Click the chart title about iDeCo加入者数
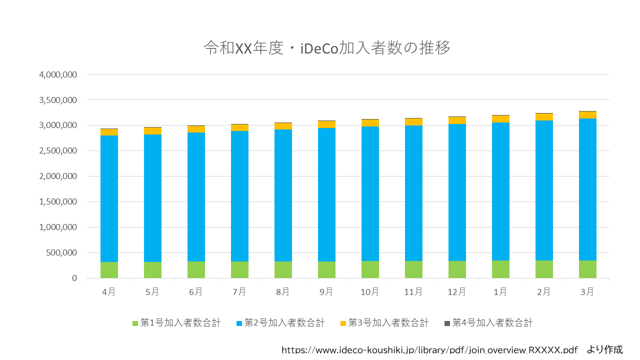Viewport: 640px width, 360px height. click(x=327, y=47)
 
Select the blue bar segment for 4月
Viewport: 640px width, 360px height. click(x=109, y=198)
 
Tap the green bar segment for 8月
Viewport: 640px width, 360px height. click(x=283, y=269)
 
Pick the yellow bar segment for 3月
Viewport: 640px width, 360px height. click(x=587, y=115)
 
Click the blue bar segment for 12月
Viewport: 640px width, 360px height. click(x=457, y=192)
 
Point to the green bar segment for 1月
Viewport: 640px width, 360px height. click(x=500, y=269)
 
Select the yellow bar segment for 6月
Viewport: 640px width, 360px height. click(x=196, y=129)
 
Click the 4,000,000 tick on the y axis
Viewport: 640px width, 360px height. click(x=58, y=75)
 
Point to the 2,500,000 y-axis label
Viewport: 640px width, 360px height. click(x=58, y=151)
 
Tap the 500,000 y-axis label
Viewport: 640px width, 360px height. click(x=61, y=253)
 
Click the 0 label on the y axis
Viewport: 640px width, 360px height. click(x=74, y=278)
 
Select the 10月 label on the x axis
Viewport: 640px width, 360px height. click(x=369, y=291)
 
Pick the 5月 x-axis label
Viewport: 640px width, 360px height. click(x=152, y=291)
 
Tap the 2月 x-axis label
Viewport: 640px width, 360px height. click(x=543, y=291)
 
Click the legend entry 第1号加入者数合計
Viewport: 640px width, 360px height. click(x=176, y=323)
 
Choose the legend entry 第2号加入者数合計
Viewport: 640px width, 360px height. click(x=280, y=323)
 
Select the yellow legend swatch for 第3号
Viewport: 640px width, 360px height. click(x=343, y=323)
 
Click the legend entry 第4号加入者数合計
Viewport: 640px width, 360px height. click(x=488, y=323)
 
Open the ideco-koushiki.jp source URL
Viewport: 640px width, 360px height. click(x=429, y=350)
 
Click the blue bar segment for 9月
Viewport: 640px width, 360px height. click(x=326, y=194)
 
